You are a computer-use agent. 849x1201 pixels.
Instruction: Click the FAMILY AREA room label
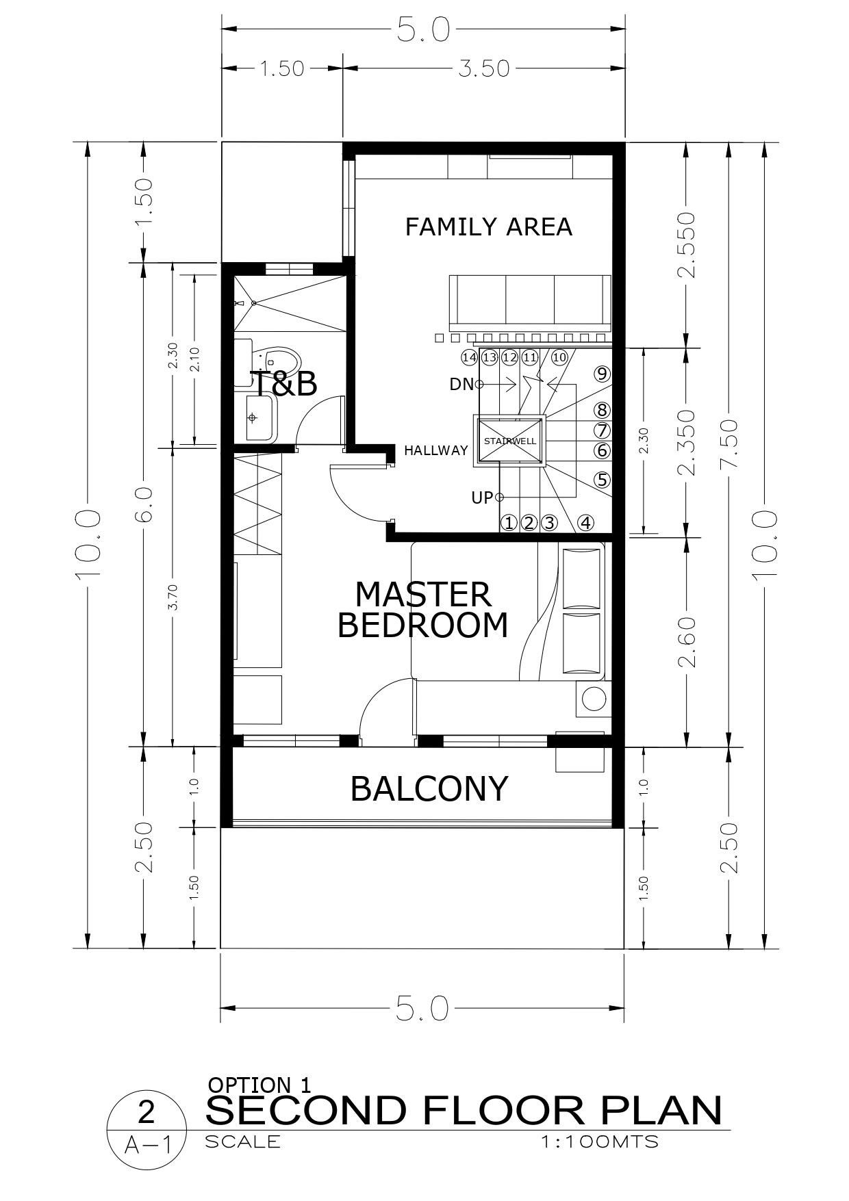coord(488,227)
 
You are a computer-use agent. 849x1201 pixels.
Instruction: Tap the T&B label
coord(283,384)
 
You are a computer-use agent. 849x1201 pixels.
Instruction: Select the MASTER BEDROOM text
coord(423,610)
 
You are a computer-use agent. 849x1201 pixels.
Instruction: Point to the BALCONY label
coord(429,788)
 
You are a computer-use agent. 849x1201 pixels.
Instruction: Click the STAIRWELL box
coord(510,441)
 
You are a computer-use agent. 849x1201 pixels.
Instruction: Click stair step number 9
coord(602,374)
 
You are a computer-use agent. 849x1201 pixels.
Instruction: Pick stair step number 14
coord(469,357)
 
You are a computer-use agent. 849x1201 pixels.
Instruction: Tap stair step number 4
coord(585,523)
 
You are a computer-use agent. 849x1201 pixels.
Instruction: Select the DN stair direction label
coord(461,385)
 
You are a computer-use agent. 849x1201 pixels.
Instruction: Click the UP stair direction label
coord(482,498)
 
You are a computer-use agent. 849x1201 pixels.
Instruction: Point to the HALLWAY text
coord(435,450)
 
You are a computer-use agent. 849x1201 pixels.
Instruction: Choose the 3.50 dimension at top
coord(484,68)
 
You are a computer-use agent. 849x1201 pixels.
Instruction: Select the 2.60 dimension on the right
coord(687,641)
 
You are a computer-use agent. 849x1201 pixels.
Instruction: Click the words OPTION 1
coord(259,1085)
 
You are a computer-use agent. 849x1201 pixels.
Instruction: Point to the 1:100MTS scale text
coord(599,1141)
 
